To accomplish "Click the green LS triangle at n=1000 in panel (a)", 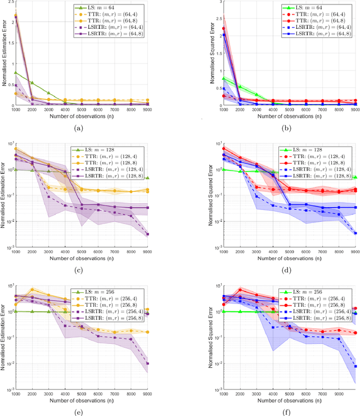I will pos(16,72).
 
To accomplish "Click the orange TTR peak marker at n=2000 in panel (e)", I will pos(33,289).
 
